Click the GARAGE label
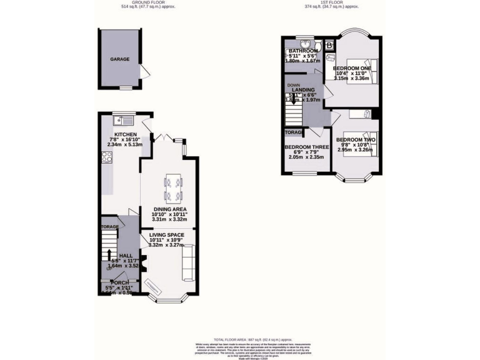coord(120,59)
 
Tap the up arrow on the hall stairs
coord(110,254)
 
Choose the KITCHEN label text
coord(125,134)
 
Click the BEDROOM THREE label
coord(305,147)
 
